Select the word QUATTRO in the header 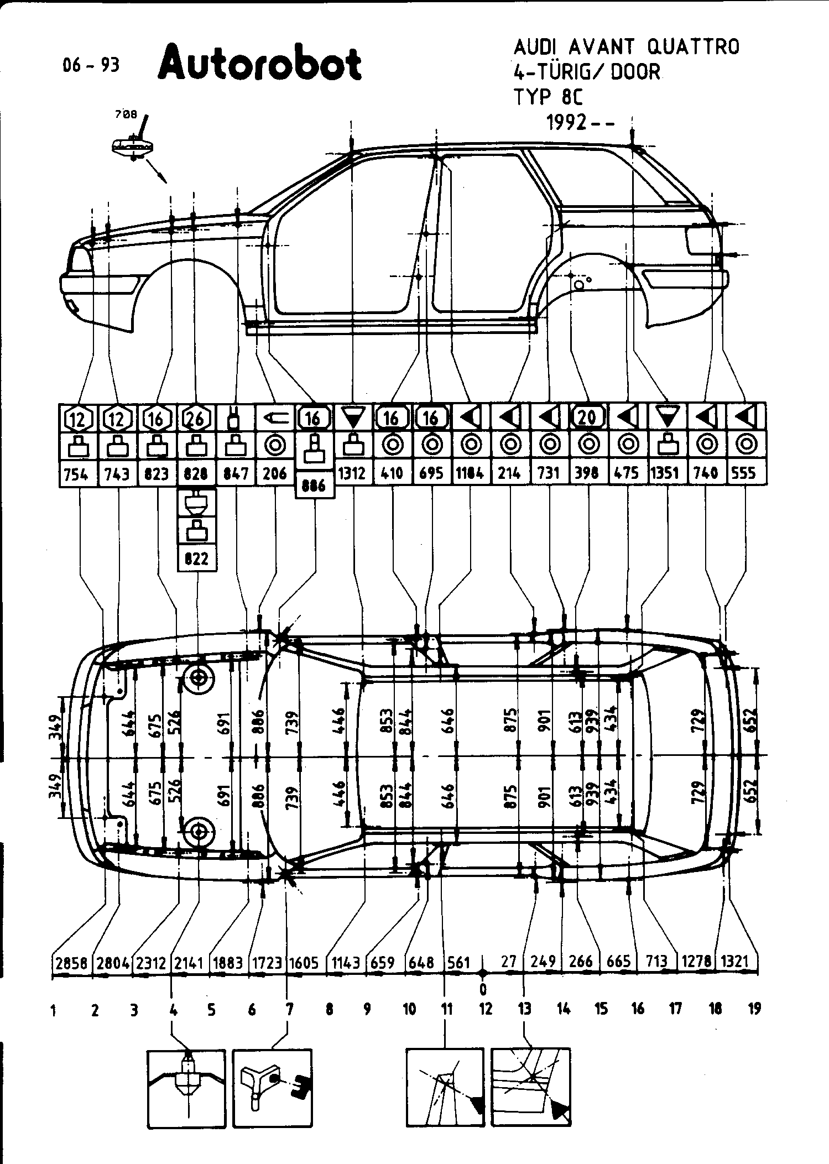pos(693,48)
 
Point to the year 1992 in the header pos(566,122)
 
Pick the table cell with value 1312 pos(352,473)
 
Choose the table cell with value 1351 pos(666,473)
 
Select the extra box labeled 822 pos(196,558)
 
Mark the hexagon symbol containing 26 pos(196,419)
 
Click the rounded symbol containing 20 pos(587,417)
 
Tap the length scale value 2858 pos(72,963)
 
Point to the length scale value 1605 pos(304,963)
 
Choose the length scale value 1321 pos(735,962)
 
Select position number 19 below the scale pos(754,1009)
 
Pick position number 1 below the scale pos(53,1011)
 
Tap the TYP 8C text pos(548,97)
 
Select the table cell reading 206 pos(275,473)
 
